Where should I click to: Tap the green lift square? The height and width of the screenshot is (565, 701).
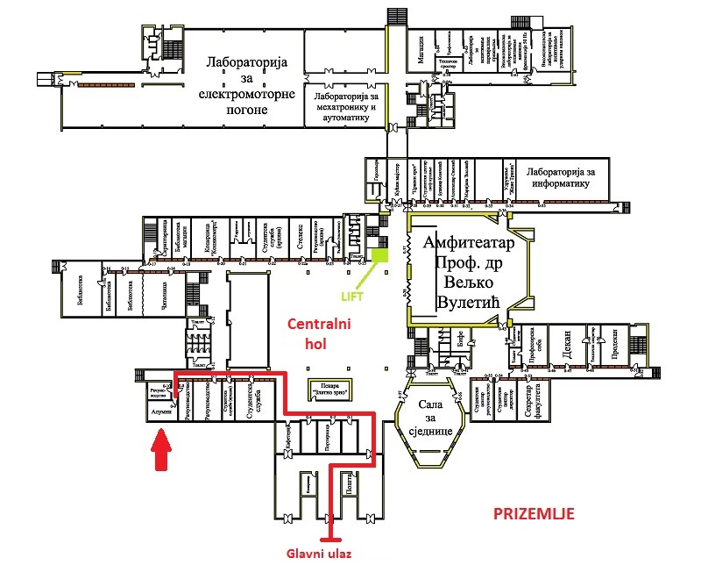[x=379, y=255]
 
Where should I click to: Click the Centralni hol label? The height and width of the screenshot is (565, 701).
[x=320, y=334]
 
